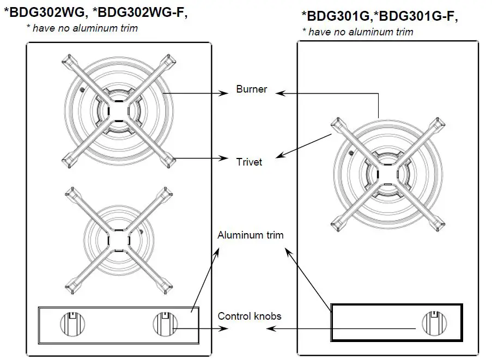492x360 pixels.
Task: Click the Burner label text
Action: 252,89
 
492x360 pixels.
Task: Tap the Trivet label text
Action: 249,162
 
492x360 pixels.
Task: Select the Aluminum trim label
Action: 250,235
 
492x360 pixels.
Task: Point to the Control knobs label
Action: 250,316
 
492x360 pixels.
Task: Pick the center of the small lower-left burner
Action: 118,239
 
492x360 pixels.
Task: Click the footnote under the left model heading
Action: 82,28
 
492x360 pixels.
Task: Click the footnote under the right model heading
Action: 357,32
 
